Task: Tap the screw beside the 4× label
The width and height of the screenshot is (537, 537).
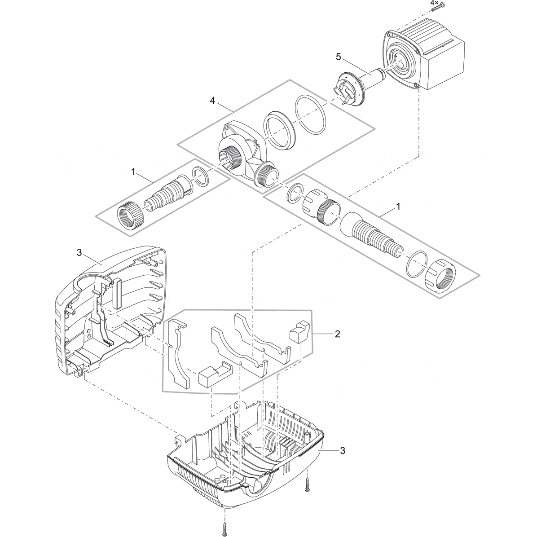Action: tap(436, 8)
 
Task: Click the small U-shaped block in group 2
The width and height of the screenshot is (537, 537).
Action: tap(213, 375)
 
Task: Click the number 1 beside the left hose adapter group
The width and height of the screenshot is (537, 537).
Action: tap(132, 172)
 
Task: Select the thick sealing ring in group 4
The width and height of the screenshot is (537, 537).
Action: tap(278, 131)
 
